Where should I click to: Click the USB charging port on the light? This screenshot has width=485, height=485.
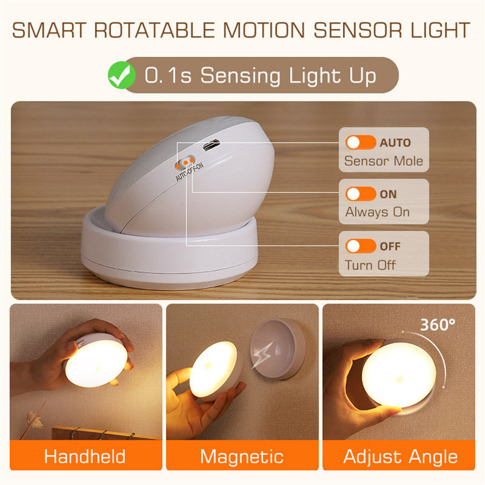tap(210, 145)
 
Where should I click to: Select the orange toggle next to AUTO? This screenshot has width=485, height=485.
tap(360, 143)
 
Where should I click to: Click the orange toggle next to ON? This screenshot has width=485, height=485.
tap(360, 194)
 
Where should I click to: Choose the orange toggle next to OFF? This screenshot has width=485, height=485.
tap(360, 246)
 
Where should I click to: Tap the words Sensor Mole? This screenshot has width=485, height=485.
tap(383, 161)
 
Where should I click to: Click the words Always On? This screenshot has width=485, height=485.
tap(377, 212)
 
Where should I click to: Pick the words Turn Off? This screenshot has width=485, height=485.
tap(370, 265)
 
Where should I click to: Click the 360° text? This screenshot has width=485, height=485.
tap(437, 324)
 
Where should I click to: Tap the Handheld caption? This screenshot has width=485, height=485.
tap(85, 456)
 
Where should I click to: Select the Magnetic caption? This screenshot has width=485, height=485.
tap(242, 456)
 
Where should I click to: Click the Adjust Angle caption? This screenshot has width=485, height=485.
tap(400, 456)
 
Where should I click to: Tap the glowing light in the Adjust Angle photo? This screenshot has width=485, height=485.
tap(399, 374)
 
